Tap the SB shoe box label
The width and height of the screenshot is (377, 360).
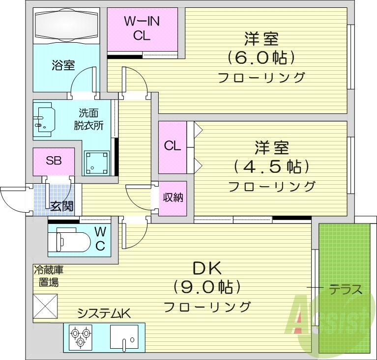(x=54, y=160)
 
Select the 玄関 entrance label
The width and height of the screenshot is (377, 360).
(x=61, y=206)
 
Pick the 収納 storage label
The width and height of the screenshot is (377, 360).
(x=173, y=197)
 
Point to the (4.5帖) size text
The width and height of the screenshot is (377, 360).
(x=271, y=166)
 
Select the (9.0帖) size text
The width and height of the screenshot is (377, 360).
(x=207, y=286)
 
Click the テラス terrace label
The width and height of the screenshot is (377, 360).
(x=346, y=289)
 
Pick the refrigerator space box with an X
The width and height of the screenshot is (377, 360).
(x=45, y=306)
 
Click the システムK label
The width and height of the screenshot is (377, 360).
(x=103, y=313)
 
